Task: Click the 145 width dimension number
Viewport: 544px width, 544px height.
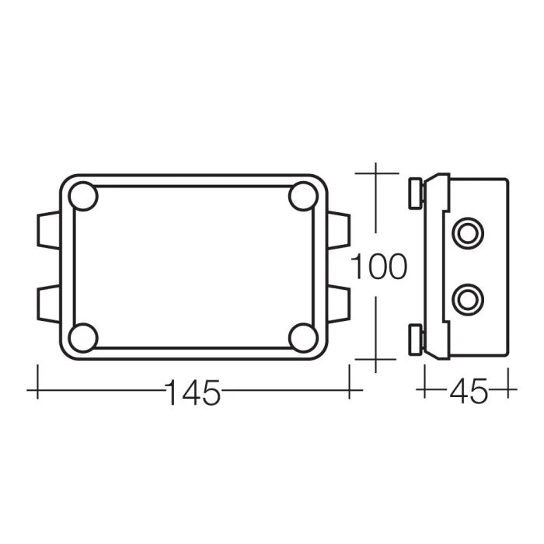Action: (194, 392)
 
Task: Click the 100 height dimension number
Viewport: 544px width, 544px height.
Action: (378, 266)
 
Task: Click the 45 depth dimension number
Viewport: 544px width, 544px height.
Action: (469, 391)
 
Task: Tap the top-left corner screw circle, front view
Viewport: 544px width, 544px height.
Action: (83, 196)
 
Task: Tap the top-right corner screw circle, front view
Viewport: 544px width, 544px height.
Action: (303, 196)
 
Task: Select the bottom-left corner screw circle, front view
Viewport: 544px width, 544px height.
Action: (83, 337)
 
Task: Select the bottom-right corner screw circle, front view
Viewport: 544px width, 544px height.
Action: (303, 337)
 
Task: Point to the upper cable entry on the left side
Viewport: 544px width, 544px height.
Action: (48, 230)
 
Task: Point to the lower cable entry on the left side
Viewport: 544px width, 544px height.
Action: (48, 304)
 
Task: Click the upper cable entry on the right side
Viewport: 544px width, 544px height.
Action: (339, 230)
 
